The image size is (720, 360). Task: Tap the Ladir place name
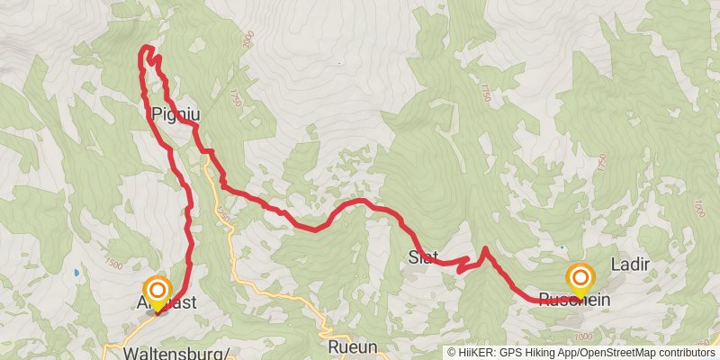point(630,265)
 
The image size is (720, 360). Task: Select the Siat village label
point(423,256)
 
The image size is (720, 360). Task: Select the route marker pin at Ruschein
point(580,278)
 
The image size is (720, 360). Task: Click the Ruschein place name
point(575,300)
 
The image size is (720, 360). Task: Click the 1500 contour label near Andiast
point(114,264)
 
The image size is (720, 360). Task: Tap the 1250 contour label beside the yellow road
point(222,217)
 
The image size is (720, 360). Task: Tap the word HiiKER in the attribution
point(478,352)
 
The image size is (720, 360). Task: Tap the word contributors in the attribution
point(685,352)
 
